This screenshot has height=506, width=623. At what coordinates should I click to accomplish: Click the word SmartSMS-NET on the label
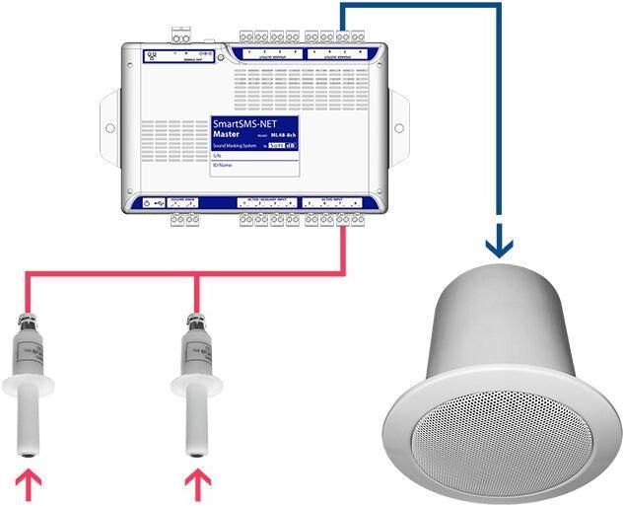(x=242, y=124)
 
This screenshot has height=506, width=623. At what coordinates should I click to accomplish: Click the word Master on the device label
(x=229, y=135)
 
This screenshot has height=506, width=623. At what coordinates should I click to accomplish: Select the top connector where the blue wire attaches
(x=341, y=35)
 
